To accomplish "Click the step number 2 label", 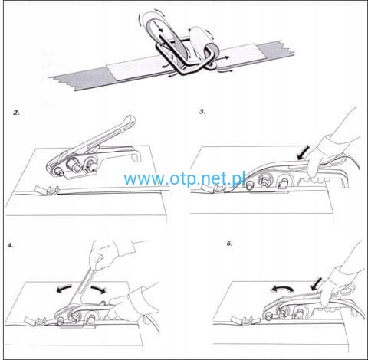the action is click(x=17, y=113).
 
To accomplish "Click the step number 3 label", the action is click(x=202, y=112).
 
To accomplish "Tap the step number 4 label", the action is click(x=10, y=246).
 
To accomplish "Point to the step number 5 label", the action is click(x=230, y=244).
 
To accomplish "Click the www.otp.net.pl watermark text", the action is click(x=184, y=178).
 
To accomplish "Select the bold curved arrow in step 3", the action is click(x=302, y=152).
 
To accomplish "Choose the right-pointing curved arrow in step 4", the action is click(x=98, y=290).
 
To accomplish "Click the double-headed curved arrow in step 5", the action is click(x=282, y=289).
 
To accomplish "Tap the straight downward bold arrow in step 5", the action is click(x=316, y=284).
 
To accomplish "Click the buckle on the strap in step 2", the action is click(x=53, y=191).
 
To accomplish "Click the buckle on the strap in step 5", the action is click(x=248, y=320).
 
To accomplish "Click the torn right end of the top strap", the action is click(x=282, y=50).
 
